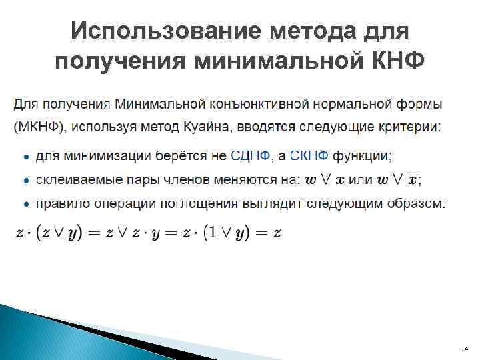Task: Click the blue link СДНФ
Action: [x=251, y=156]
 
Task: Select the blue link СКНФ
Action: [x=310, y=156]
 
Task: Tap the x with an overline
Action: [x=413, y=179]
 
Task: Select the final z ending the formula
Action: [x=277, y=233]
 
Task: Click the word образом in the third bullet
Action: [x=420, y=203]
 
